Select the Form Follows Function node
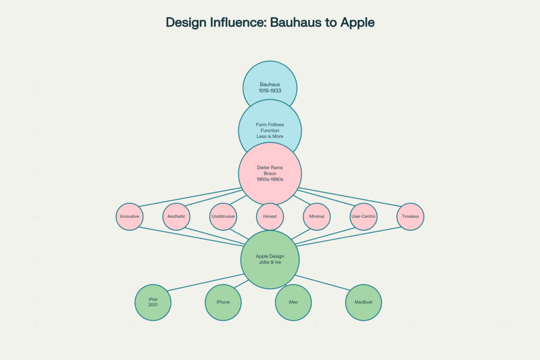tap(269, 130)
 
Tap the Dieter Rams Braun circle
tap(269, 173)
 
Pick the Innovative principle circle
tap(129, 217)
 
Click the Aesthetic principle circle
tap(176, 217)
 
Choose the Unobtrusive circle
tap(223, 217)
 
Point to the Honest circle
tap(269, 217)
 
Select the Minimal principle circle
tap(316, 217)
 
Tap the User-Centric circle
tap(363, 217)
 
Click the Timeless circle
tap(410, 217)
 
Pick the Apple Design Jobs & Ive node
tap(269, 259)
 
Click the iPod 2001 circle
tap(153, 303)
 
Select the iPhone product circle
tap(223, 303)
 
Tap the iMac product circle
tap(293, 303)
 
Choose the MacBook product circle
tap(363, 303)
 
